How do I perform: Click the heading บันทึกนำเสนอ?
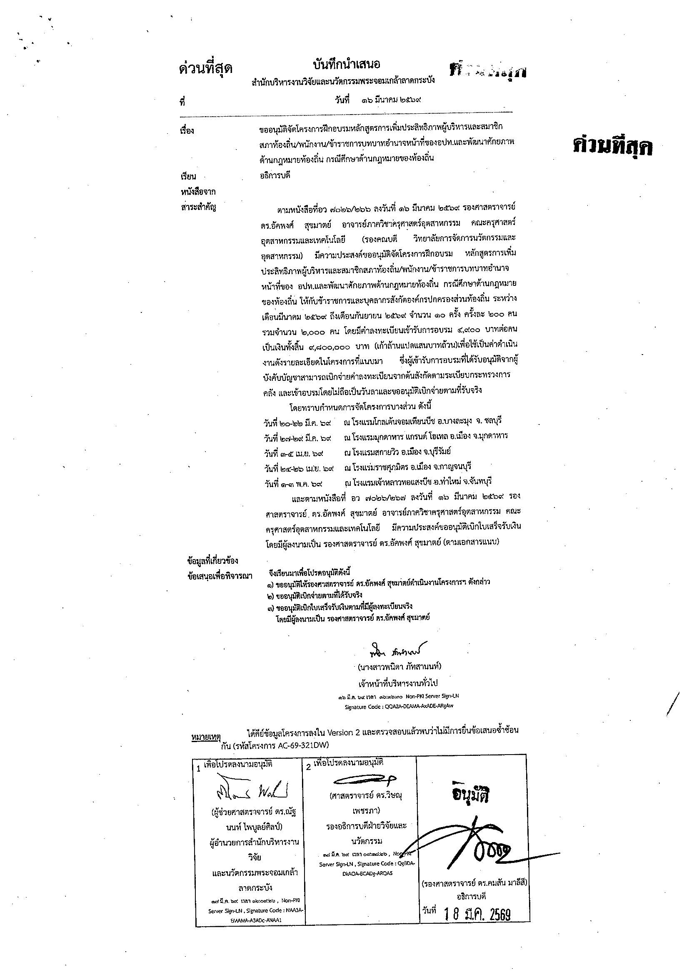coord(346,65)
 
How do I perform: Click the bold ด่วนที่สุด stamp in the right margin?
coord(612,147)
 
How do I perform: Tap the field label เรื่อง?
coord(187,130)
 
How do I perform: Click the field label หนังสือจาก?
coord(198,192)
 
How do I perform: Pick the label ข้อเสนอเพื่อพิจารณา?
coord(220,576)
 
